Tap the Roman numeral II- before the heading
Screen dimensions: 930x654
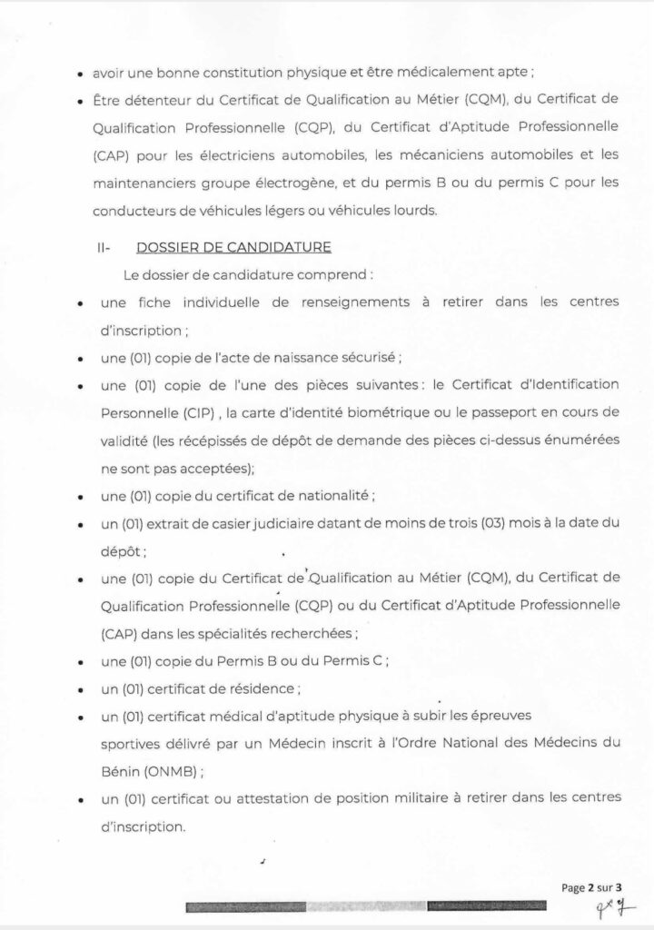point(106,247)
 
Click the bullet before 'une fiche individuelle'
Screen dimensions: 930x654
point(83,302)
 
